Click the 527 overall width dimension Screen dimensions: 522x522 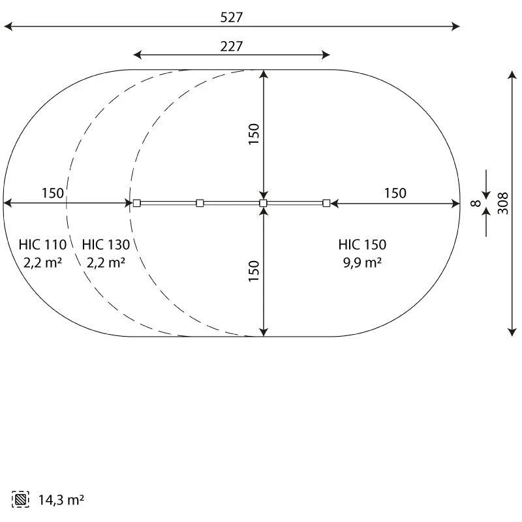point(232,18)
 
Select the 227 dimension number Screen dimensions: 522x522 point(232,46)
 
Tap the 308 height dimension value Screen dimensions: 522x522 point(502,203)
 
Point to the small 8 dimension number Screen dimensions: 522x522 point(476,203)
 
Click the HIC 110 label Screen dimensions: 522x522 point(42,245)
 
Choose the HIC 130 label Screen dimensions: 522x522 point(106,245)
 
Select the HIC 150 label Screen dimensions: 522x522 point(362,245)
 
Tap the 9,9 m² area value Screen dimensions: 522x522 point(362,263)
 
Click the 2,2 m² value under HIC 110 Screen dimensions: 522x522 point(42,263)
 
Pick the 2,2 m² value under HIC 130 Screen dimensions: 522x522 point(106,263)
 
